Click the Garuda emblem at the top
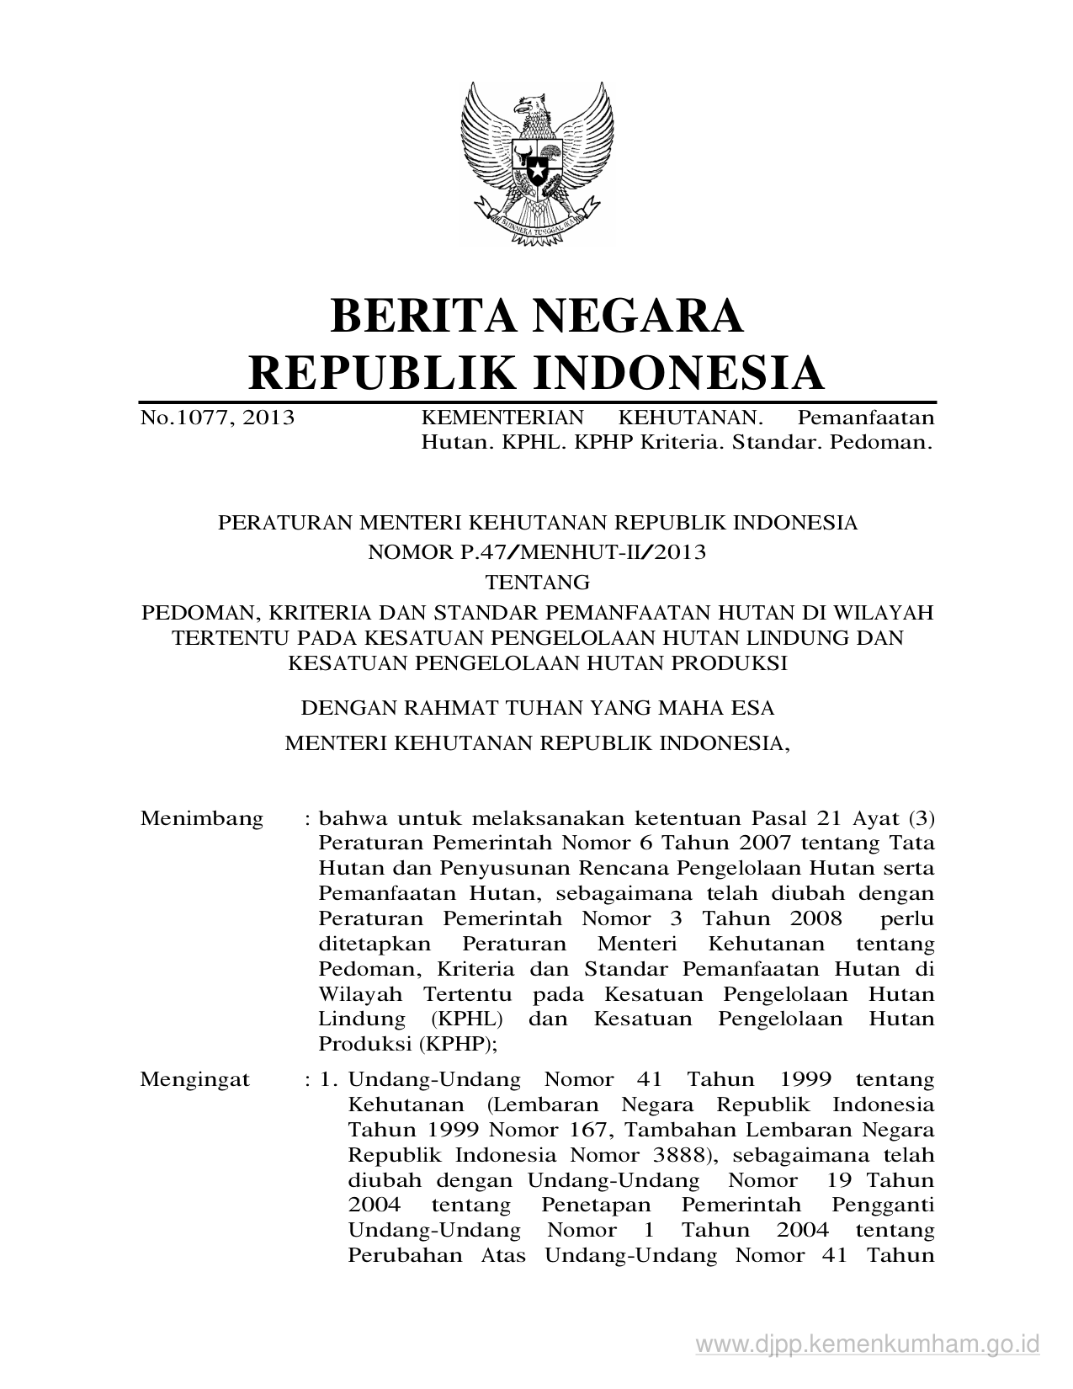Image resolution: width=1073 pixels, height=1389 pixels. [x=536, y=163]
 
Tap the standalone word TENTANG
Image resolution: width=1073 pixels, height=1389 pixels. [x=537, y=582]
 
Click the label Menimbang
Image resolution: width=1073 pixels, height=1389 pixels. [x=201, y=818]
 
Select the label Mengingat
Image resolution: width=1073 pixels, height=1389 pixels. [x=194, y=1079]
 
